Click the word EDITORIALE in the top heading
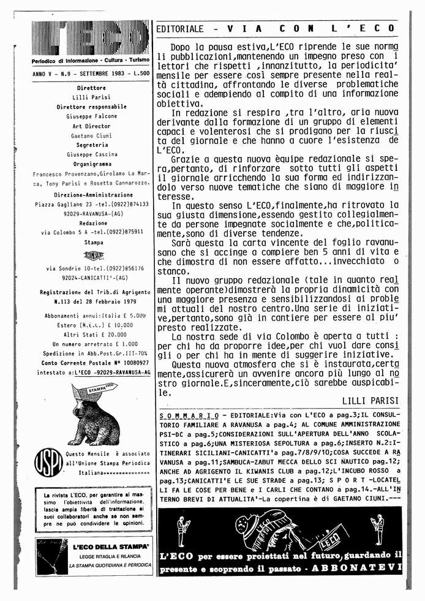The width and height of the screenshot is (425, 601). [179, 29]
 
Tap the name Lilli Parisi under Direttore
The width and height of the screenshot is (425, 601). [91, 97]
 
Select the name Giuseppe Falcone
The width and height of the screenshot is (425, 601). [91, 116]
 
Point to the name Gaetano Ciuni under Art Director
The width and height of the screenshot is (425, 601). [91, 135]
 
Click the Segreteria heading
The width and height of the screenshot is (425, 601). [91, 145]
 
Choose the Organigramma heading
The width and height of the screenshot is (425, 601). [91, 164]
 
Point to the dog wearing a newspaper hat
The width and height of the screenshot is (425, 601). [92, 416]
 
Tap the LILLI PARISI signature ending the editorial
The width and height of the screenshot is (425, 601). [369, 400]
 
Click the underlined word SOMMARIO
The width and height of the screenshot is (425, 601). [180, 415]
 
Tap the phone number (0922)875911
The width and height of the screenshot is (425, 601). [122, 232]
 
